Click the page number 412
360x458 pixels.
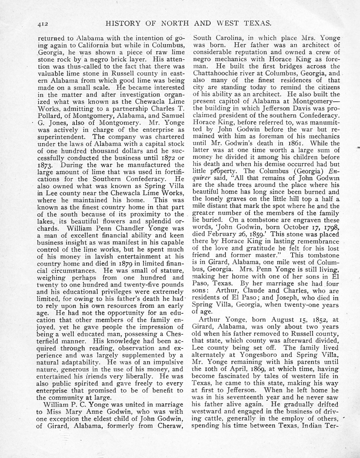click(x=43, y=23)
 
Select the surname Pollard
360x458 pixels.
click(x=48, y=115)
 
